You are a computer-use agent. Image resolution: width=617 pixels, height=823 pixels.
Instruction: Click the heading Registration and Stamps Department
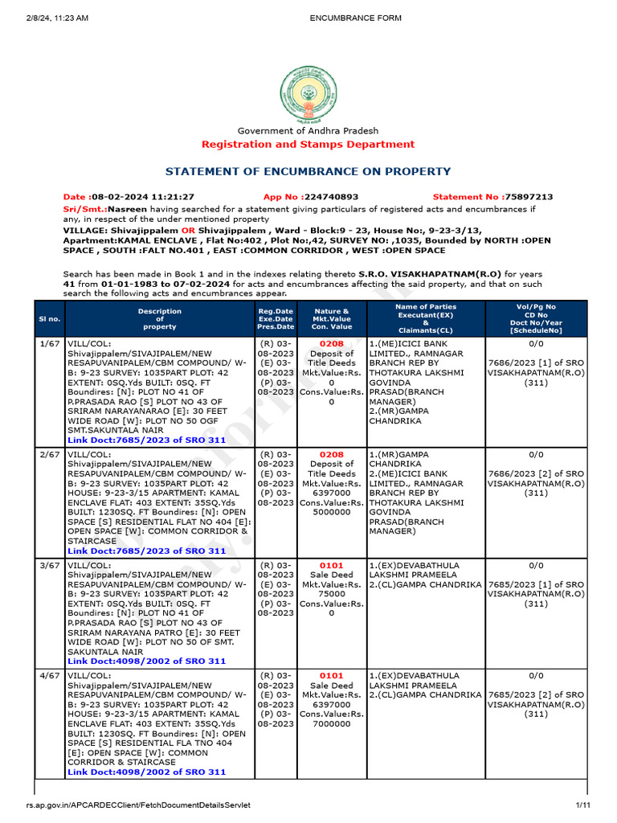308,145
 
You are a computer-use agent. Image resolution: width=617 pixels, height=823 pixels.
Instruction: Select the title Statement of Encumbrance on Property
308,171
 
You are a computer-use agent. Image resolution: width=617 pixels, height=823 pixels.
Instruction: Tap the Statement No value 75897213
527,197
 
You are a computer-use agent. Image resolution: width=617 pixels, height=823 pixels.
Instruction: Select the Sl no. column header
50,319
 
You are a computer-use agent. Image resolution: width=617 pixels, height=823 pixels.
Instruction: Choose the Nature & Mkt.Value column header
331,319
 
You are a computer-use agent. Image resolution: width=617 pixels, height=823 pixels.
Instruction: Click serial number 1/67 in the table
50,343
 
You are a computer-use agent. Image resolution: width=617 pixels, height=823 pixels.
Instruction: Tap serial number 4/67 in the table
50,676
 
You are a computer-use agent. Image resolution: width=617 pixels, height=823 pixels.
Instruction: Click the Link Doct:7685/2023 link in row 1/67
146,440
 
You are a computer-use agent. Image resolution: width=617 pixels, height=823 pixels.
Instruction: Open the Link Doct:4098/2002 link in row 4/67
146,772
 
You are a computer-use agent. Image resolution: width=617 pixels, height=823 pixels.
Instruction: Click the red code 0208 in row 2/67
331,454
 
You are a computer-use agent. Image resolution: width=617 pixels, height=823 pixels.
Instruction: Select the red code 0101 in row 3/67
331,565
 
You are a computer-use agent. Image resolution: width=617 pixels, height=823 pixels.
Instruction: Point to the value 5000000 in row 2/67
331,512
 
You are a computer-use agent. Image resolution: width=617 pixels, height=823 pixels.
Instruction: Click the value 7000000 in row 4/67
331,723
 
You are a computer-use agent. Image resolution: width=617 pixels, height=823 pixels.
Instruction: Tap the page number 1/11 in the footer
582,805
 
